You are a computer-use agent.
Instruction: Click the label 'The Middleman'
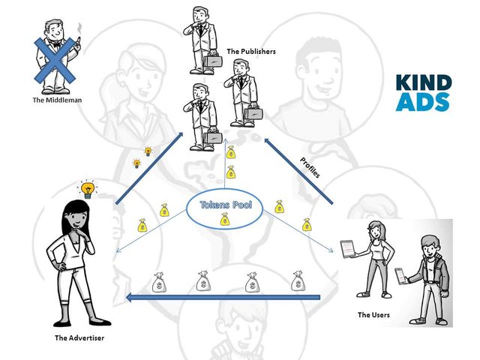pyautogui.click(x=57, y=100)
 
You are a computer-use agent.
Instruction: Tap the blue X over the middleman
pyautogui.click(x=55, y=60)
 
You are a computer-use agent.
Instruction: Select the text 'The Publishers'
pyautogui.click(x=251, y=52)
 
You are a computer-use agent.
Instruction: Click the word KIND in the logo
pyautogui.click(x=424, y=82)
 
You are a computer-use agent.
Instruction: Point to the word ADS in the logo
pyautogui.click(x=422, y=102)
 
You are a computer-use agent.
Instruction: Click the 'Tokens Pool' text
pyautogui.click(x=226, y=205)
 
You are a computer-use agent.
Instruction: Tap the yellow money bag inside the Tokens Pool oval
pyautogui.click(x=225, y=219)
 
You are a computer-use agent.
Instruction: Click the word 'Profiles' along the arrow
pyautogui.click(x=310, y=167)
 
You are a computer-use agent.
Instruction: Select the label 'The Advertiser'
pyautogui.click(x=79, y=338)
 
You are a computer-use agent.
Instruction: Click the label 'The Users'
pyautogui.click(x=373, y=315)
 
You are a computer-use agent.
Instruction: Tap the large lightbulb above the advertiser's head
pyautogui.click(x=88, y=189)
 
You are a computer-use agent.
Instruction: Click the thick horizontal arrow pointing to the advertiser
pyautogui.click(x=223, y=297)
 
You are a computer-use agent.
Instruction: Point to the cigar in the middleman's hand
pyautogui.click(x=77, y=41)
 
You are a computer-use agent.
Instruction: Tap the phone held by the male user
pyautogui.click(x=400, y=276)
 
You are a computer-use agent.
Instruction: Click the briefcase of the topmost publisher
pyautogui.click(x=212, y=61)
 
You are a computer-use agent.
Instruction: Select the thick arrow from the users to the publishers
pyautogui.click(x=298, y=171)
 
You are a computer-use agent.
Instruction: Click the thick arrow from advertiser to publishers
pyautogui.click(x=149, y=168)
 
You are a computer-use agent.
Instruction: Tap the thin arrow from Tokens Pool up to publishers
pyautogui.click(x=225, y=163)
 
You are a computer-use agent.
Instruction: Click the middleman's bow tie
pyautogui.click(x=56, y=43)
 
